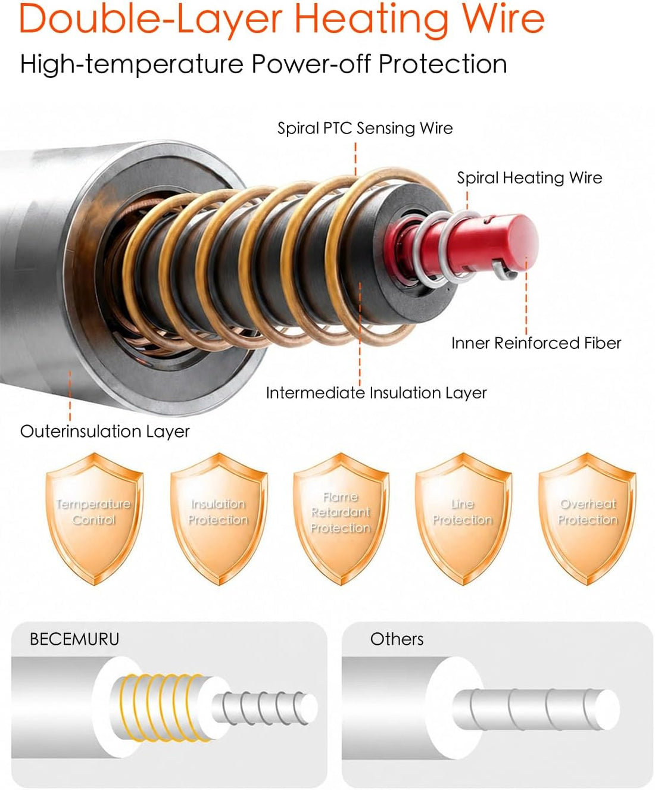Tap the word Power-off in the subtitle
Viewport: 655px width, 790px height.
coord(311,64)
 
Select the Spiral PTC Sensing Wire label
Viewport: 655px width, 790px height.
coord(365,128)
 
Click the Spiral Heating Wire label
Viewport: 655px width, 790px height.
coord(529,178)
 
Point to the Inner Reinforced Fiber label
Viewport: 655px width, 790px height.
coord(536,343)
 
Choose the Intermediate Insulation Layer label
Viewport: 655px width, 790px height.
coord(376,393)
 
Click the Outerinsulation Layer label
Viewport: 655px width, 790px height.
coord(105,432)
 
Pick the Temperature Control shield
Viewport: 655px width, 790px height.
coord(94,518)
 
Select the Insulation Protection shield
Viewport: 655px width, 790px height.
coord(219,518)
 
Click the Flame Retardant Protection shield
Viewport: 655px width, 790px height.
coord(341,518)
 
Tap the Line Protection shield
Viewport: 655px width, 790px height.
coord(463,518)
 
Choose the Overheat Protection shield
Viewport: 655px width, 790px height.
coord(588,518)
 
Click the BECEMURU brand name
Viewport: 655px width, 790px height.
coord(74,639)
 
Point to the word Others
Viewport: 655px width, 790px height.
coord(397,639)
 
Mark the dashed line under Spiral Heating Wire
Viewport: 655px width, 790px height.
coord(467,201)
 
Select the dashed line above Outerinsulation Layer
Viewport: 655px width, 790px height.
coord(70,396)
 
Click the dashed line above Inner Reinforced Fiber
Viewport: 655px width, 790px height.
coord(526,295)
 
